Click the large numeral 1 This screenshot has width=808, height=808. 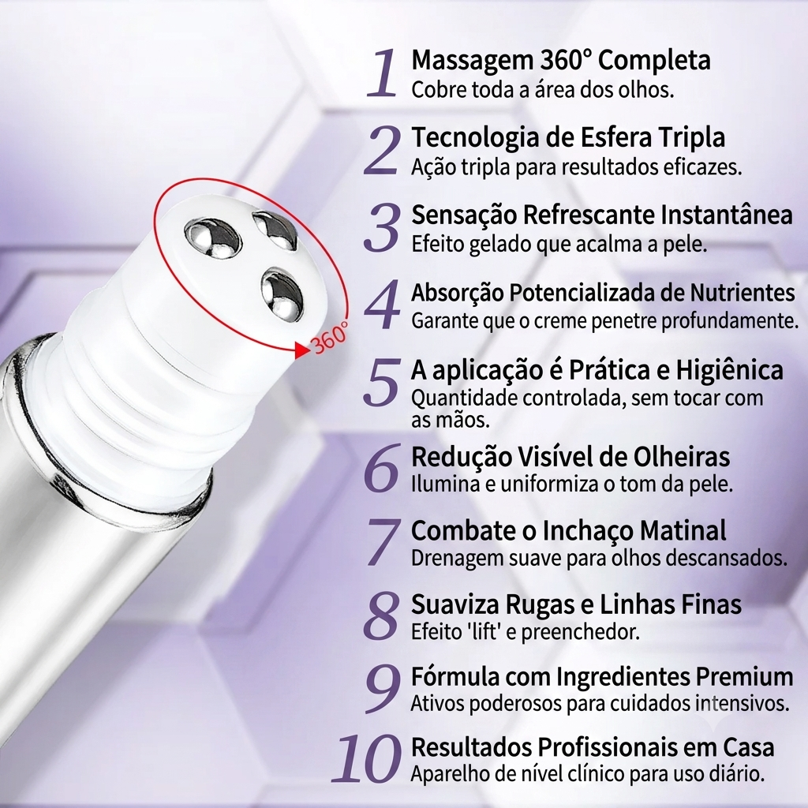(x=382, y=73)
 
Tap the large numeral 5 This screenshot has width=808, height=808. (x=382, y=381)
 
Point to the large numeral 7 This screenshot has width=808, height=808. (x=383, y=542)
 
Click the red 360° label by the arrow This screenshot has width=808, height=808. (x=331, y=337)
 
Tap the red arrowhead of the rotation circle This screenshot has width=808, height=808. (x=302, y=350)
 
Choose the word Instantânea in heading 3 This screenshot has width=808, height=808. (x=727, y=215)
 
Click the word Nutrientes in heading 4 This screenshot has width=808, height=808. (x=743, y=293)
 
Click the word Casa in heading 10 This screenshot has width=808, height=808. (x=749, y=748)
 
